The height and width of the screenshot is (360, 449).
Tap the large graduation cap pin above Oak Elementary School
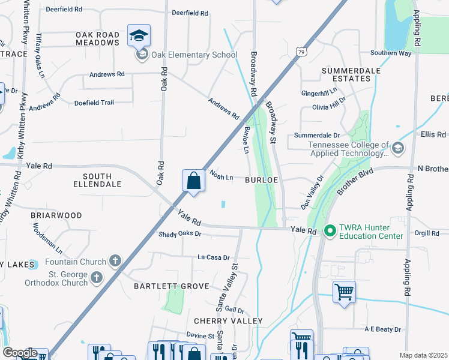coord(139,36)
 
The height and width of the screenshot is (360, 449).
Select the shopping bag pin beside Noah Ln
coord(193,181)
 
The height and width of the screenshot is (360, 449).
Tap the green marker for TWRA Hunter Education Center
coord(330,230)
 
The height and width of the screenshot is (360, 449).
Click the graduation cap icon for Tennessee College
coord(397,148)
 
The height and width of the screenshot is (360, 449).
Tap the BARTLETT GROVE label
coord(171,287)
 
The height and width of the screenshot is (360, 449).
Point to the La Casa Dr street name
coord(214,257)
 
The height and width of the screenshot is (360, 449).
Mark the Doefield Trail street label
coord(94,103)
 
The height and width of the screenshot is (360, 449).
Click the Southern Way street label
coord(391,53)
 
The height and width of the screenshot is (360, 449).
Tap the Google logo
coord(20,353)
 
